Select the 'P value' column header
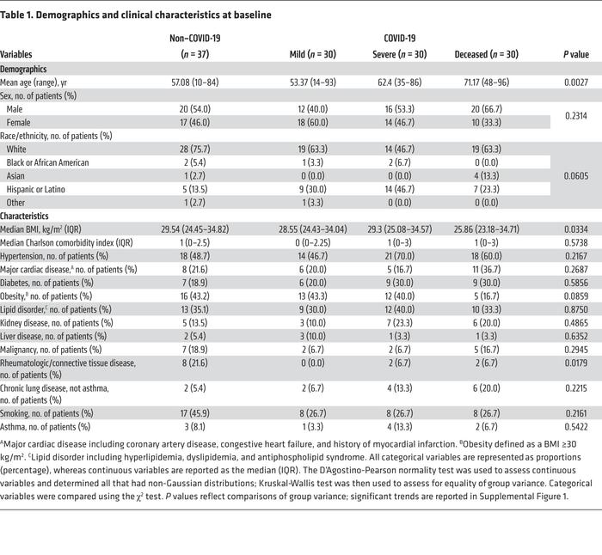point(576,54)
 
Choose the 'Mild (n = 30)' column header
point(313,54)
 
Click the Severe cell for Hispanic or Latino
point(400,189)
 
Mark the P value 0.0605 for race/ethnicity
point(576,175)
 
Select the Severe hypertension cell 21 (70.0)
point(400,256)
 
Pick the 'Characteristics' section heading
point(27,216)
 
